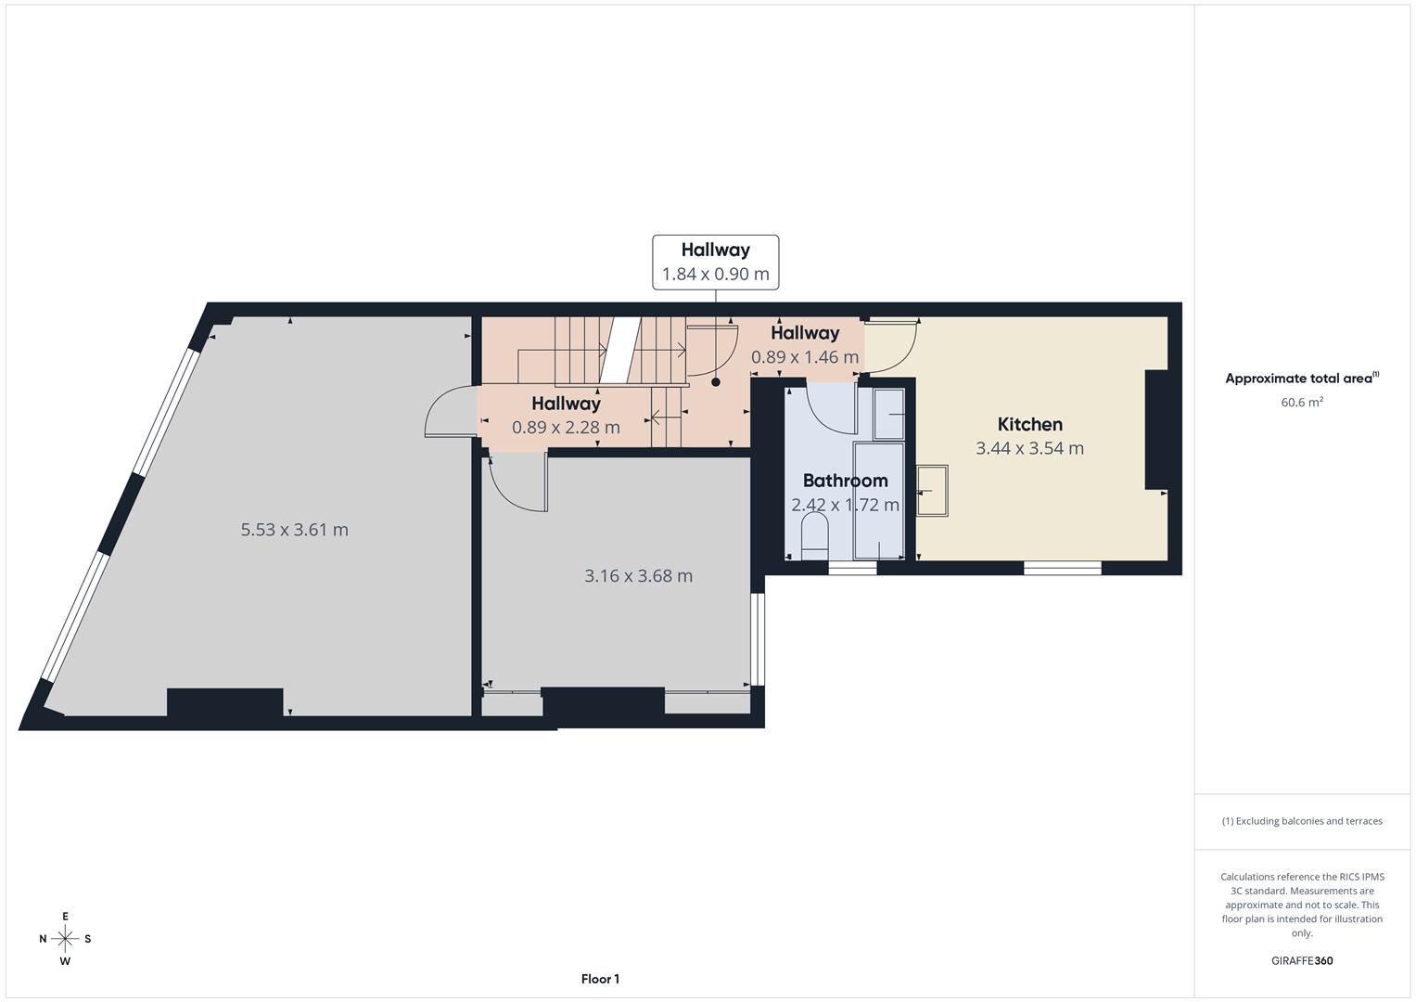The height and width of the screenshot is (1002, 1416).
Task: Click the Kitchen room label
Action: point(1029,424)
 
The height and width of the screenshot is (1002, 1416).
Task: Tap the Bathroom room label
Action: point(845,481)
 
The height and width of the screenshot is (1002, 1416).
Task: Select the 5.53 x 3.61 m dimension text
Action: point(294,530)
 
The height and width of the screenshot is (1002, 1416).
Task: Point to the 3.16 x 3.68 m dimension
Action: point(638,575)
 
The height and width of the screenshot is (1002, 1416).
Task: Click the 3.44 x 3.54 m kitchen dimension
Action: point(1029,448)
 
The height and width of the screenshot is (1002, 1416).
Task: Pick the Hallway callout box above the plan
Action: point(715,262)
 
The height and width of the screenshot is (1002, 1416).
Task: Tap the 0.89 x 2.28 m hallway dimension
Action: point(566,428)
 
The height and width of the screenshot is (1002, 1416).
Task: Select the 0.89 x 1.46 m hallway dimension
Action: point(804,357)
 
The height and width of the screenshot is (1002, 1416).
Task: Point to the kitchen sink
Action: point(932,490)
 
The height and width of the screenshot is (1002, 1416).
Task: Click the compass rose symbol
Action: point(65,938)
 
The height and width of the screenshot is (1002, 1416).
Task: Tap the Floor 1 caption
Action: point(600,979)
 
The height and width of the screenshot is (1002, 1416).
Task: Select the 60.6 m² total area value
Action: point(1301,402)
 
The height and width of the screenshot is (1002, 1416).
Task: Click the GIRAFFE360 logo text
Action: point(1301,960)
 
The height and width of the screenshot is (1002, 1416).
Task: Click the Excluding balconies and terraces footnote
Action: point(1301,821)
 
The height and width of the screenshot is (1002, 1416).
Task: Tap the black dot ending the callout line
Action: point(715,381)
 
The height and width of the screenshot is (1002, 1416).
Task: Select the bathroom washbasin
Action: point(889,413)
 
